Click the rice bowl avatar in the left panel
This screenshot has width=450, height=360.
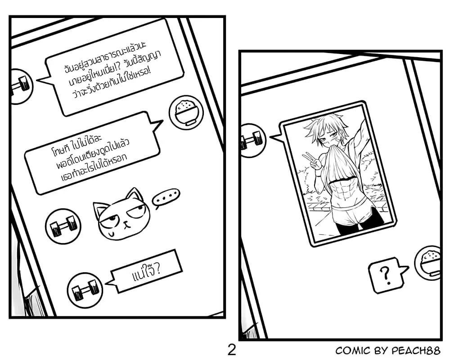point(186,112)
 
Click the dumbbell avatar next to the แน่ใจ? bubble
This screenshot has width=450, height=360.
point(85,290)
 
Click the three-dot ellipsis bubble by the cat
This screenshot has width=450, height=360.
point(166,198)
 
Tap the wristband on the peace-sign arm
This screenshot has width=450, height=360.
point(318,173)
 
